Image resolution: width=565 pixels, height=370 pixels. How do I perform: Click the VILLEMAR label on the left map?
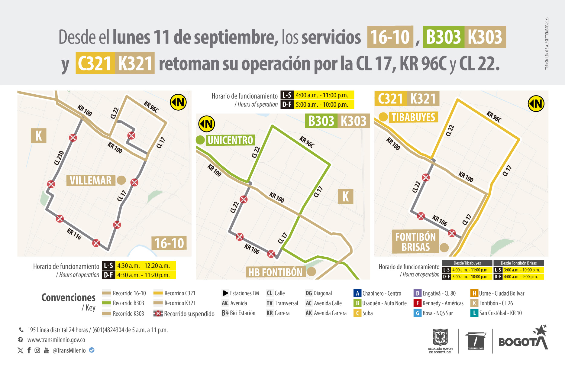[91, 180]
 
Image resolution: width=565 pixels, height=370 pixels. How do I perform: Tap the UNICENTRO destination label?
[231, 140]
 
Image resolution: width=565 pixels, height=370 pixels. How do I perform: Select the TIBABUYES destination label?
[413, 117]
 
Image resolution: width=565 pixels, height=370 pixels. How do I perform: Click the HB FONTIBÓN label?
[275, 272]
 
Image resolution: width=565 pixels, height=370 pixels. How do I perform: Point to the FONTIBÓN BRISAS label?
[415, 242]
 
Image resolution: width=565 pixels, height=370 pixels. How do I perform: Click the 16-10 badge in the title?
[390, 37]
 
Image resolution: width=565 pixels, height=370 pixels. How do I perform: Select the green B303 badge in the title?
[443, 37]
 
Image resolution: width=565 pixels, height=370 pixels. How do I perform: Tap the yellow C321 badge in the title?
[95, 63]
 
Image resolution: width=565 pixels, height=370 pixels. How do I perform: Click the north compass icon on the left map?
[178, 102]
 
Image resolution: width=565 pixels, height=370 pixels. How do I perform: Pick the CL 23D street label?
[59, 158]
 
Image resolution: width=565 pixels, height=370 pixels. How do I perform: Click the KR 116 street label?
[74, 234]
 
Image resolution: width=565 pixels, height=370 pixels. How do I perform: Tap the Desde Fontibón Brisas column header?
[518, 263]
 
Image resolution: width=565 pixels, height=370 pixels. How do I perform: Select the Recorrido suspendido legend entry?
[184, 314]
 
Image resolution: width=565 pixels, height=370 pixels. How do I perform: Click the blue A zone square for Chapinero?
[357, 293]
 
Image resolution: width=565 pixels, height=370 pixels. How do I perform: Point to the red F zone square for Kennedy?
[417, 303]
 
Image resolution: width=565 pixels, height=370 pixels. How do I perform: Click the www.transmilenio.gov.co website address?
[56, 340]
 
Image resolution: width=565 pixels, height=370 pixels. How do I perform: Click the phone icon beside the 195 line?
[21, 330]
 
